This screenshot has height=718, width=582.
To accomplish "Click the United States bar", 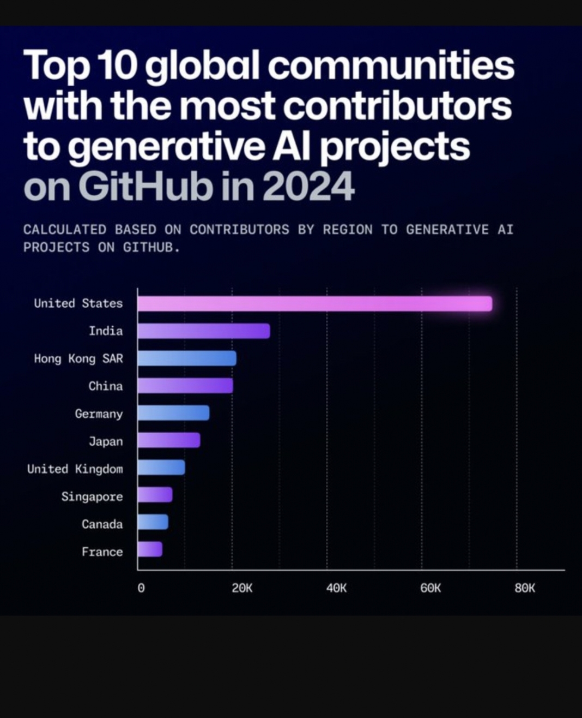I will pyautogui.click(x=314, y=304).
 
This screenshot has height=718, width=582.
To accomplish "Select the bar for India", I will pyautogui.click(x=203, y=331).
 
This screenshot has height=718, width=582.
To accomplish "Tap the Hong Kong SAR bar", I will pyautogui.click(x=186, y=358).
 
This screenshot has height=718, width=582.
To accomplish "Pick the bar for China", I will pyautogui.click(x=185, y=386).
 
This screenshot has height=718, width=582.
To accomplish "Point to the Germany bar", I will pyautogui.click(x=173, y=413).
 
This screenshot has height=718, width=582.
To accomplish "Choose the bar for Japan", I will pyautogui.click(x=168, y=440).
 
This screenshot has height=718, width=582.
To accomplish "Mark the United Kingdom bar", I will pyautogui.click(x=161, y=468).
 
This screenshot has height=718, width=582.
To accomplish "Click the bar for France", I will pyautogui.click(x=150, y=549).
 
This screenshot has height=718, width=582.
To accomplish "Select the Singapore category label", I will pyautogui.click(x=92, y=496).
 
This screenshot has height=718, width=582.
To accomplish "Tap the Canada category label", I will pyautogui.click(x=102, y=524).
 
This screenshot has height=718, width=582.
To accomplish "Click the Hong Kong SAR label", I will pyautogui.click(x=78, y=358).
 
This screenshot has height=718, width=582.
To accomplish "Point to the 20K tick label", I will pyautogui.click(x=242, y=588).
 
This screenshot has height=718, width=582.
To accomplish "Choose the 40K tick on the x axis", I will pyautogui.click(x=336, y=588).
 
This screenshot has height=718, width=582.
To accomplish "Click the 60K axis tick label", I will pyautogui.click(x=431, y=588).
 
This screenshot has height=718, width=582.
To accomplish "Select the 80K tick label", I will pyautogui.click(x=525, y=588).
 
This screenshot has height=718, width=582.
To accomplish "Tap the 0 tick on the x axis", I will pyautogui.click(x=141, y=588).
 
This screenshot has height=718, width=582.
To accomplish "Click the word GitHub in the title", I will pyautogui.click(x=145, y=186).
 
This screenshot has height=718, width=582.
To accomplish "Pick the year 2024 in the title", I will pyautogui.click(x=308, y=186).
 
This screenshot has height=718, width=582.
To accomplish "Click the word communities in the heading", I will pyautogui.click(x=390, y=65).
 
